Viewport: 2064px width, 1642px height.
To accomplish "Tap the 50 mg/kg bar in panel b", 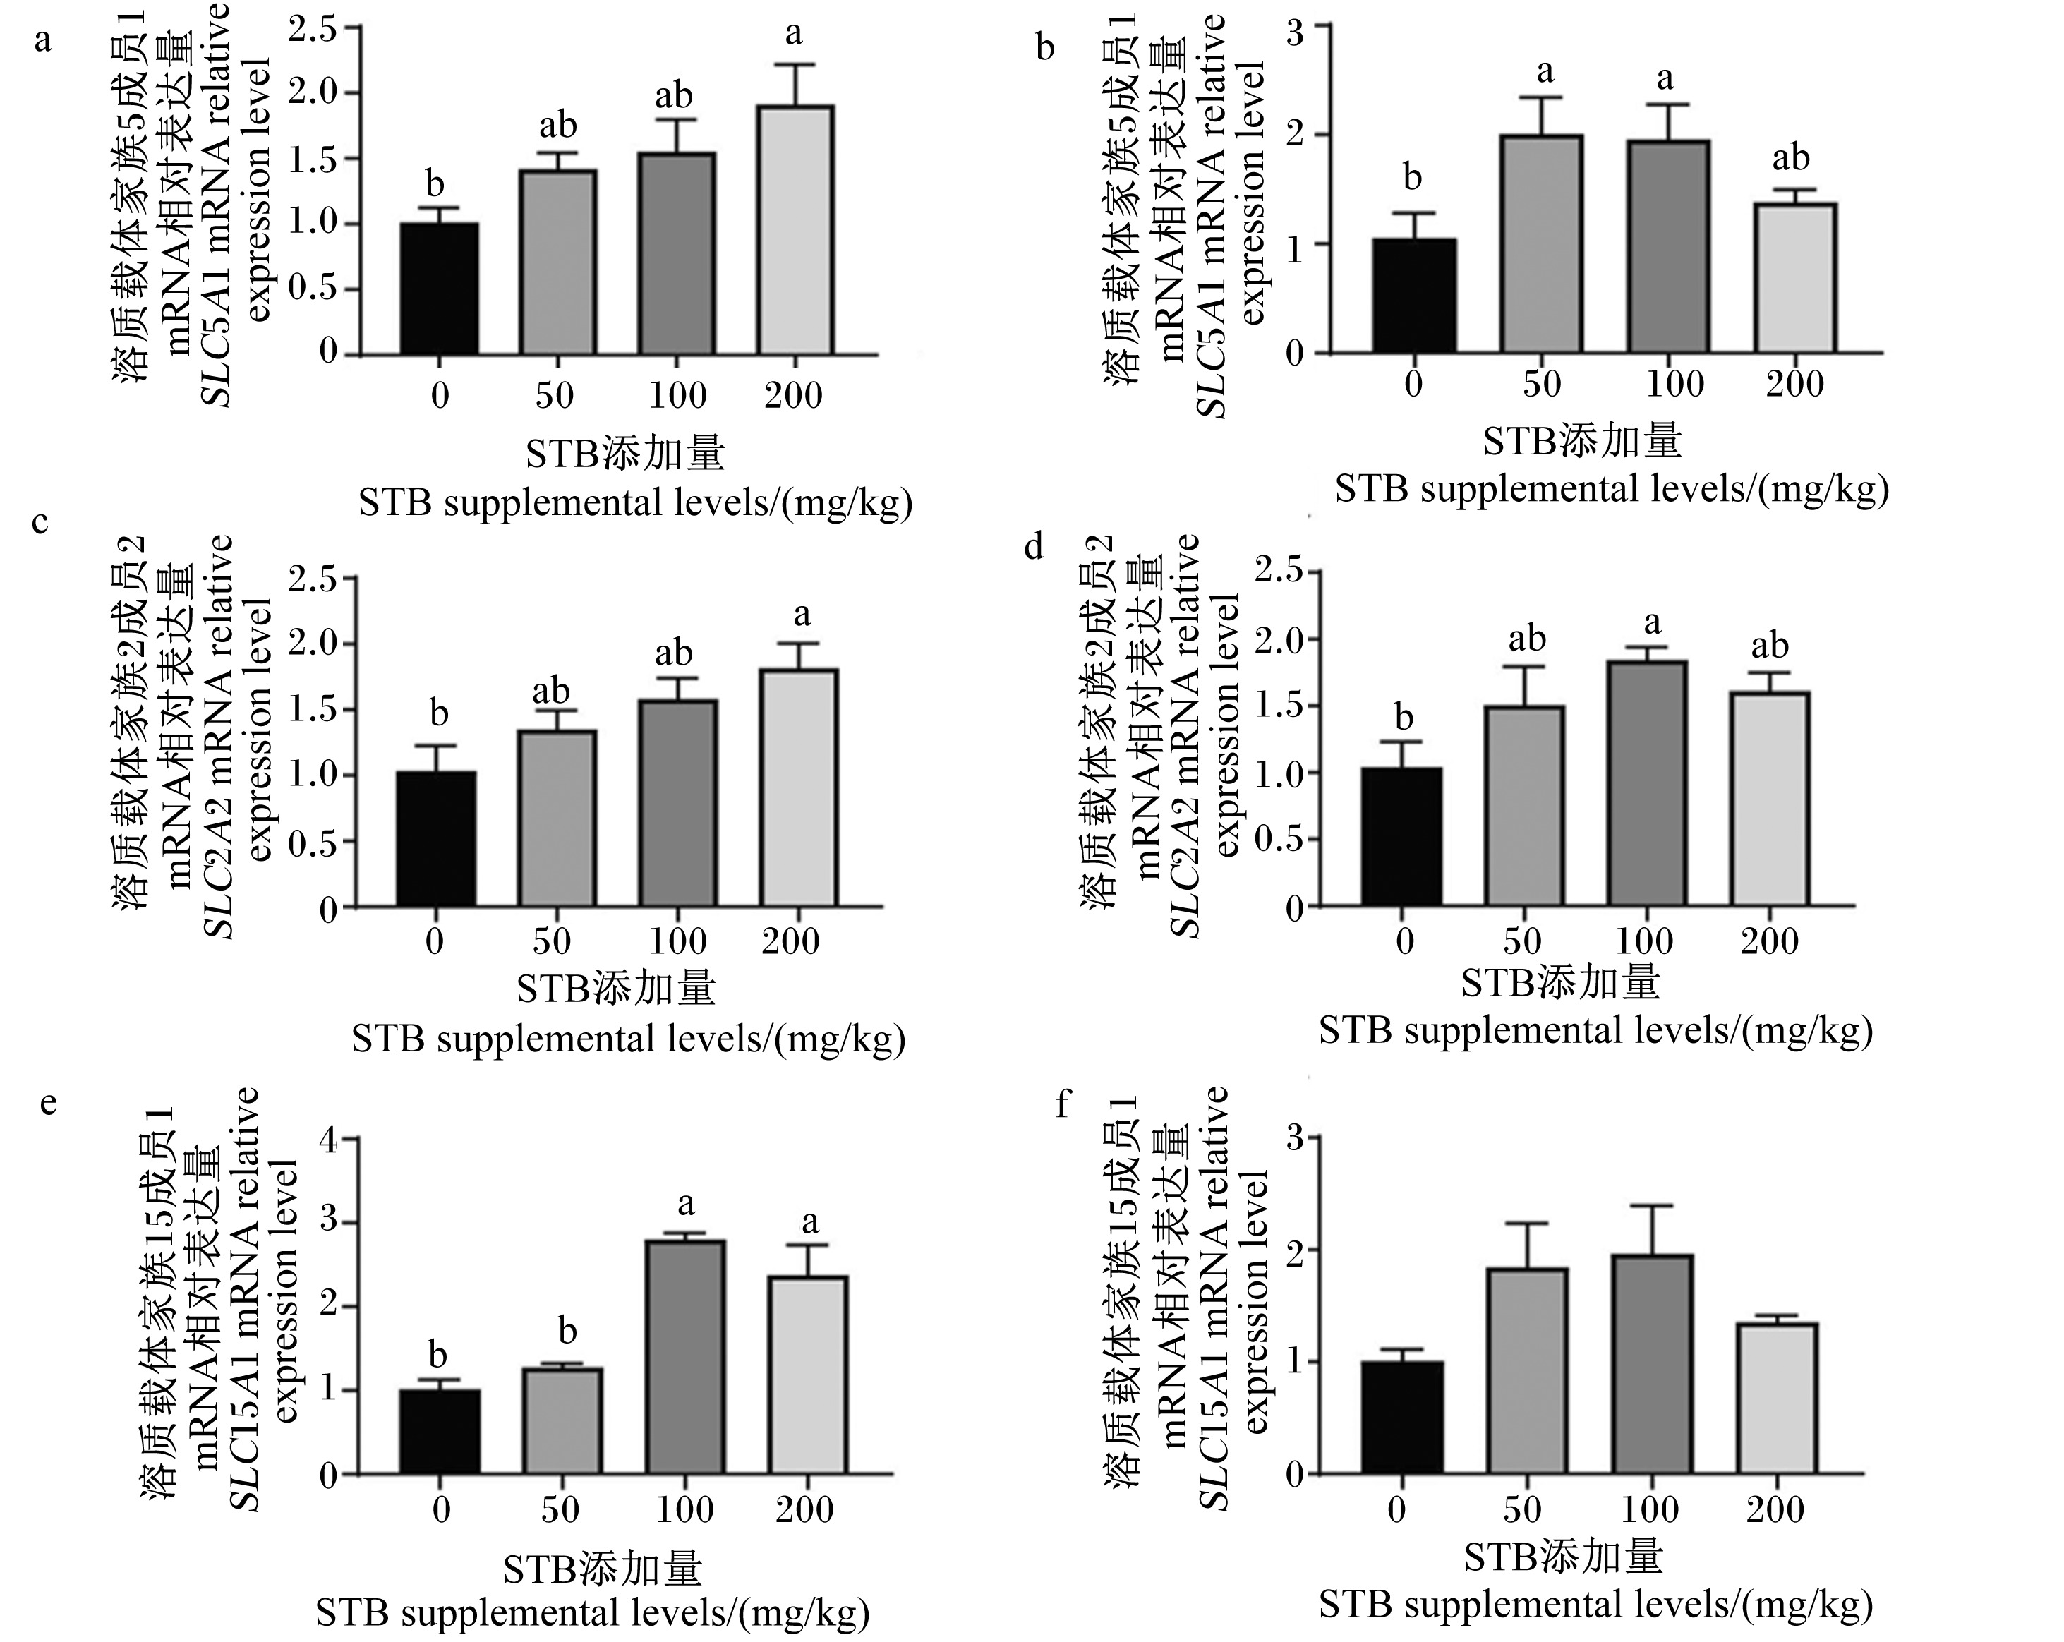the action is point(1541,243).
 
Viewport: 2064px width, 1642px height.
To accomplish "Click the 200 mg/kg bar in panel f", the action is point(1777,1399).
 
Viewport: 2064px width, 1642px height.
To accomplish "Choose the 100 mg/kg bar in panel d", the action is point(1646,783).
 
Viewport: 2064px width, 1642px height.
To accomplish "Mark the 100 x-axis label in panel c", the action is point(678,941).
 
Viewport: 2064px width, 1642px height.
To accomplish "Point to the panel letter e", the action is point(48,1104).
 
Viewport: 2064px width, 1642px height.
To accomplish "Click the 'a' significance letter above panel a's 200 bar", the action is point(794,35).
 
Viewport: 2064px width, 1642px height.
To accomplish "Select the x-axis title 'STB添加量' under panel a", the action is point(625,453).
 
